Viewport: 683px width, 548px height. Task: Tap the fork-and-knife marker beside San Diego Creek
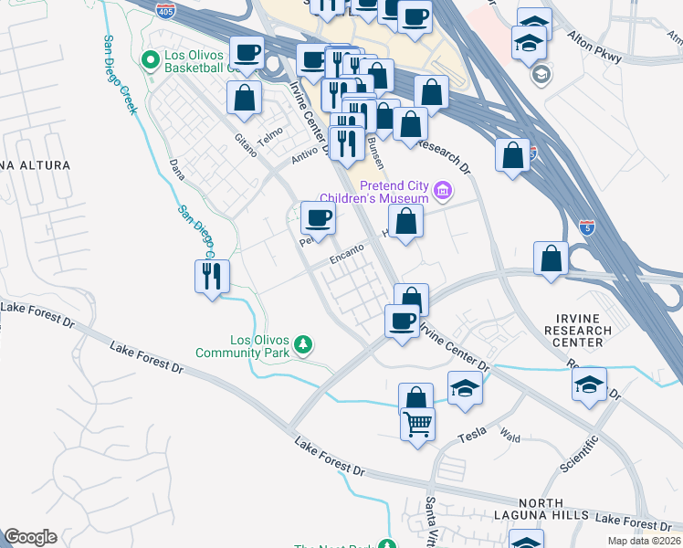click(212, 276)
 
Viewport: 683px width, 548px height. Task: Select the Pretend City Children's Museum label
click(374, 192)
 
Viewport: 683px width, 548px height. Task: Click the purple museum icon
click(443, 191)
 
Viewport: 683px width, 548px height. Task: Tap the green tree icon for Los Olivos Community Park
click(303, 345)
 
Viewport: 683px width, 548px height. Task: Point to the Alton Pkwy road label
click(594, 49)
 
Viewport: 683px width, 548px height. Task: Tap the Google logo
click(30, 537)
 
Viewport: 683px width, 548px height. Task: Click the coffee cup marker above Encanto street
click(318, 218)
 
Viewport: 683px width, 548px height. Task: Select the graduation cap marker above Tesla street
click(466, 387)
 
